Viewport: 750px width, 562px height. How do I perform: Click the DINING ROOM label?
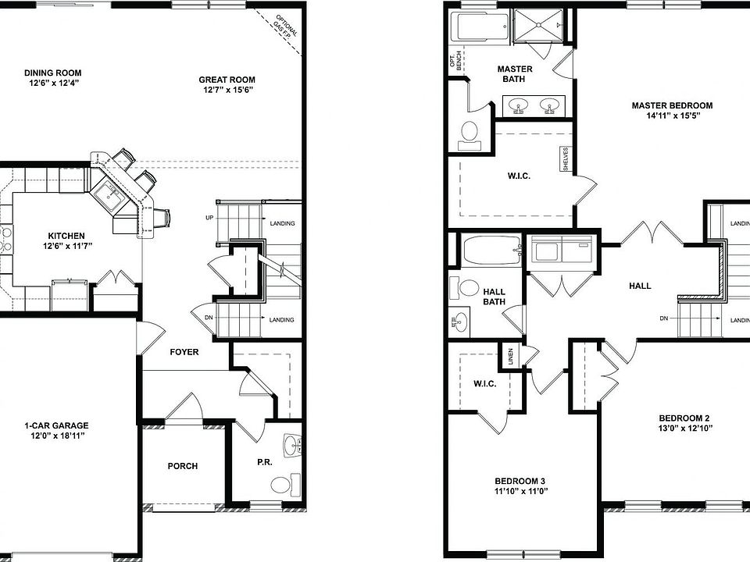[x=52, y=73]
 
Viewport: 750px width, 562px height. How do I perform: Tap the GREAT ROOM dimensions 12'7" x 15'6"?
[x=227, y=90]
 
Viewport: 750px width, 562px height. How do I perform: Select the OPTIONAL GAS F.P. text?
[x=286, y=27]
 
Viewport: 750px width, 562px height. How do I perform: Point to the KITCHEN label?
[x=66, y=236]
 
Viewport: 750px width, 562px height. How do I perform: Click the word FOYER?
[x=184, y=352]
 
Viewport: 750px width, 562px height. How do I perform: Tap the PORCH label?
[x=183, y=466]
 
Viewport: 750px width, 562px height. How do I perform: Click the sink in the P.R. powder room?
[x=291, y=446]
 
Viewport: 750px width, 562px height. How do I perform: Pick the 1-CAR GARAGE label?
[x=56, y=425]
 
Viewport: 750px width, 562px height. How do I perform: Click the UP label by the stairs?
[x=209, y=218]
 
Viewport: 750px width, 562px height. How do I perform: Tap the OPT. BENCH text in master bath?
[x=455, y=62]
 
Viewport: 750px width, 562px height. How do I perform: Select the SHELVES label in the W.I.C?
[x=566, y=159]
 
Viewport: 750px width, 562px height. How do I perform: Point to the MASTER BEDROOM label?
[x=672, y=105]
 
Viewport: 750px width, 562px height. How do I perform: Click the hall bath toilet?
[x=464, y=289]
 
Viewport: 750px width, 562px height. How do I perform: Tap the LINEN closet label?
[x=510, y=357]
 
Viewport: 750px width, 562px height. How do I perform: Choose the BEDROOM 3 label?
[x=520, y=482]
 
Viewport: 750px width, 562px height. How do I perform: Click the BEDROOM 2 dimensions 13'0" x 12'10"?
[x=685, y=429]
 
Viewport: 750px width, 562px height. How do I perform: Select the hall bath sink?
[x=459, y=322]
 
